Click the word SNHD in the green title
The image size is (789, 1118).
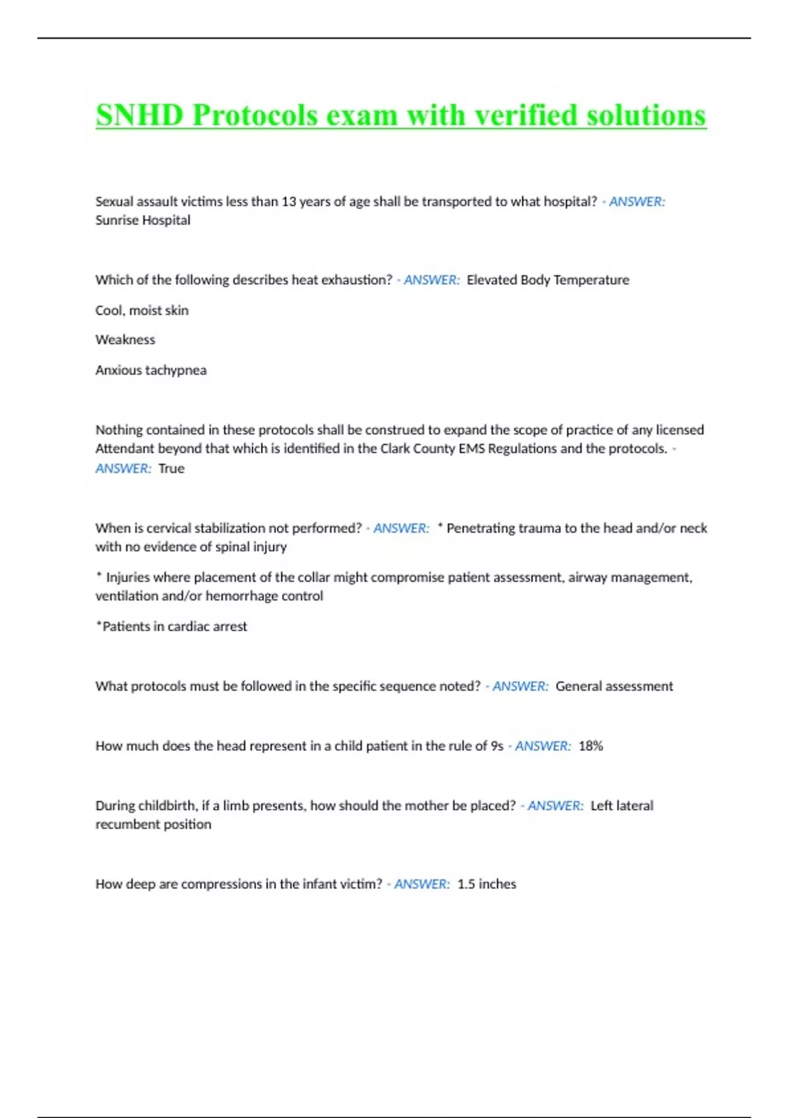tap(139, 116)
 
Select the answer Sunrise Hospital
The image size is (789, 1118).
tap(143, 220)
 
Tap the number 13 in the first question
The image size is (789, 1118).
tap(289, 202)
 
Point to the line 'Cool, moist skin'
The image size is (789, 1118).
tap(142, 310)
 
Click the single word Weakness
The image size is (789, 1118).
tap(125, 340)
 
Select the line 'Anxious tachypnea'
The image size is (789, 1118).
tap(151, 370)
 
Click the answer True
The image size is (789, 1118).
tap(172, 469)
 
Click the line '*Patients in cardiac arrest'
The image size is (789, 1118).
tap(172, 627)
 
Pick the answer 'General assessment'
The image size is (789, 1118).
tap(614, 687)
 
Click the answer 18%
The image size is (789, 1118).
tap(590, 746)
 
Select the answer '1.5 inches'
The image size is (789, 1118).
tap(487, 885)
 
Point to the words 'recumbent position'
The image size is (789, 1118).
tap(153, 825)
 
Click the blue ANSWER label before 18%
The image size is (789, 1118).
tap(542, 746)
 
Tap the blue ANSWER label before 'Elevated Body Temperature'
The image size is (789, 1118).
tap(431, 280)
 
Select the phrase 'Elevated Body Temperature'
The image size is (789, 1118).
tap(548, 280)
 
